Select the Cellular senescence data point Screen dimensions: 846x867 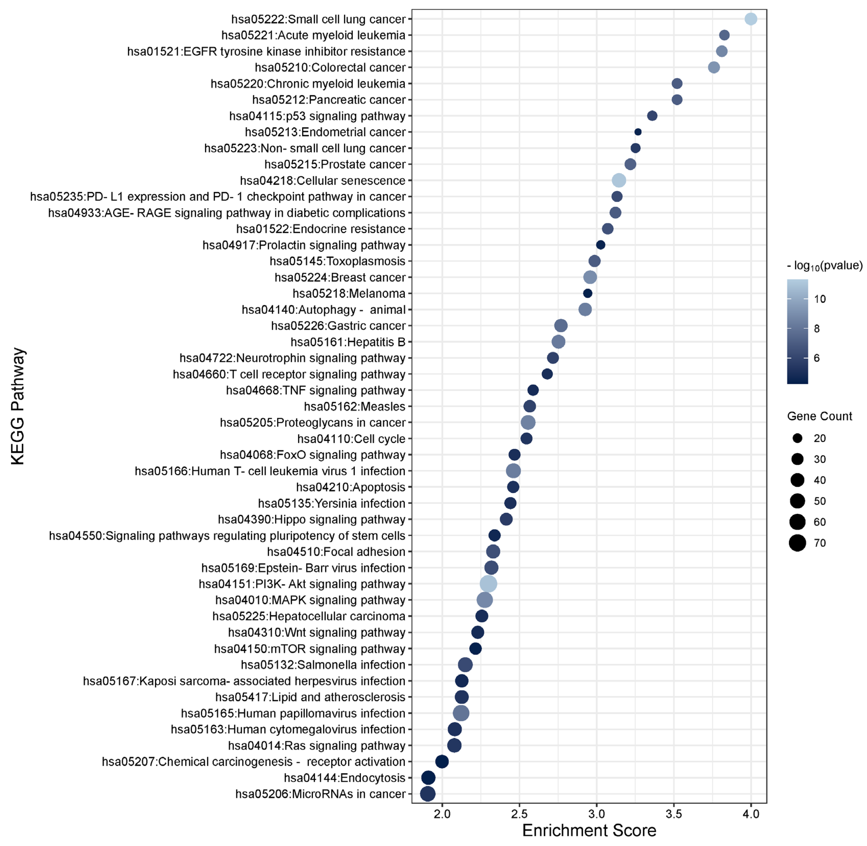click(x=619, y=180)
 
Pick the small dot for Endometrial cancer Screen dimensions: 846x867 click(x=638, y=132)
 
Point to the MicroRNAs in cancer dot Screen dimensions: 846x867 click(x=428, y=794)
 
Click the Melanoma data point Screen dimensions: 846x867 click(x=587, y=293)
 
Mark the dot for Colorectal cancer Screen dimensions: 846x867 click(x=714, y=67)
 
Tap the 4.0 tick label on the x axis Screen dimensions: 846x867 click(x=751, y=814)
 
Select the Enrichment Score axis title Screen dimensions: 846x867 click(x=589, y=830)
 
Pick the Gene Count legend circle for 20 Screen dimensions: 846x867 click(x=797, y=438)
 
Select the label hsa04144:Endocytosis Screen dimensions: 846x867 click(x=344, y=778)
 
